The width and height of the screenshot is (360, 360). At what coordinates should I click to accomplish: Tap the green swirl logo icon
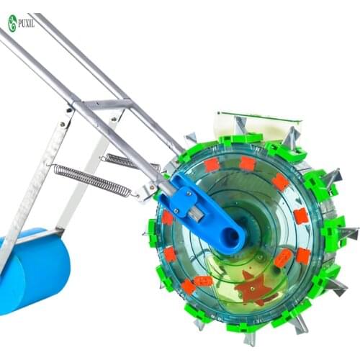(x=12, y=22)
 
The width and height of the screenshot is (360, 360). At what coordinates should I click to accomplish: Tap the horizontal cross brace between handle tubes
(x=101, y=105)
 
